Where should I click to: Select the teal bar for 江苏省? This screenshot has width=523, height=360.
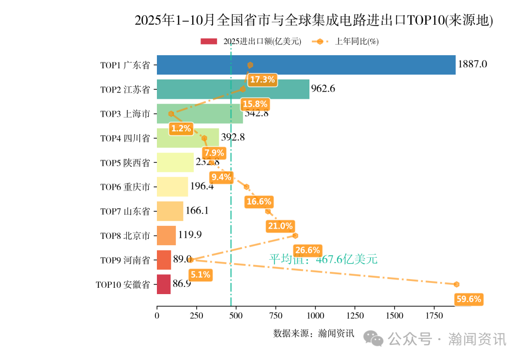[x=233, y=89]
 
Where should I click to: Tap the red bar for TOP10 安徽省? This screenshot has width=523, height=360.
[x=164, y=284]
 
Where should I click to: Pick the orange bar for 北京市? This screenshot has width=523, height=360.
[x=166, y=235]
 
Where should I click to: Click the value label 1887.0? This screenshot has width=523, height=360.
[x=472, y=64]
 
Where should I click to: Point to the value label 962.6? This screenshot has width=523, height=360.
[x=323, y=89]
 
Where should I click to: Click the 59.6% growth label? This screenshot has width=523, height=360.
[x=469, y=299]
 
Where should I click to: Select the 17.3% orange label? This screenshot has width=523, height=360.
[x=262, y=79]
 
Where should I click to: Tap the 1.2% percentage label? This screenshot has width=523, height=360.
[x=181, y=128]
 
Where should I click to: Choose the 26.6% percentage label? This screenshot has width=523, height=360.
[x=308, y=250]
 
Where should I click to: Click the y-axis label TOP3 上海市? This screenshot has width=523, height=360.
[x=125, y=114]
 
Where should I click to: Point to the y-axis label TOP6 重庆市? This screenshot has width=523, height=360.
[x=125, y=187]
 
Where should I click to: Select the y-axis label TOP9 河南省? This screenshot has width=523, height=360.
[x=125, y=260]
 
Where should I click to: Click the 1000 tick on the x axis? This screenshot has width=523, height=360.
[x=315, y=315]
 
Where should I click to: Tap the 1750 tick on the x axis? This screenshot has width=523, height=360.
[x=434, y=315]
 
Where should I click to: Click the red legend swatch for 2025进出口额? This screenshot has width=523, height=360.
[x=209, y=42]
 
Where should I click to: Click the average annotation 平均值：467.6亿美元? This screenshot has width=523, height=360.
[x=323, y=260]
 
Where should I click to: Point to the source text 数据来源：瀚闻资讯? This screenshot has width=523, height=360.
[x=314, y=333]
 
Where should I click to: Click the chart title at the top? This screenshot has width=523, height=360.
[x=313, y=20]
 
